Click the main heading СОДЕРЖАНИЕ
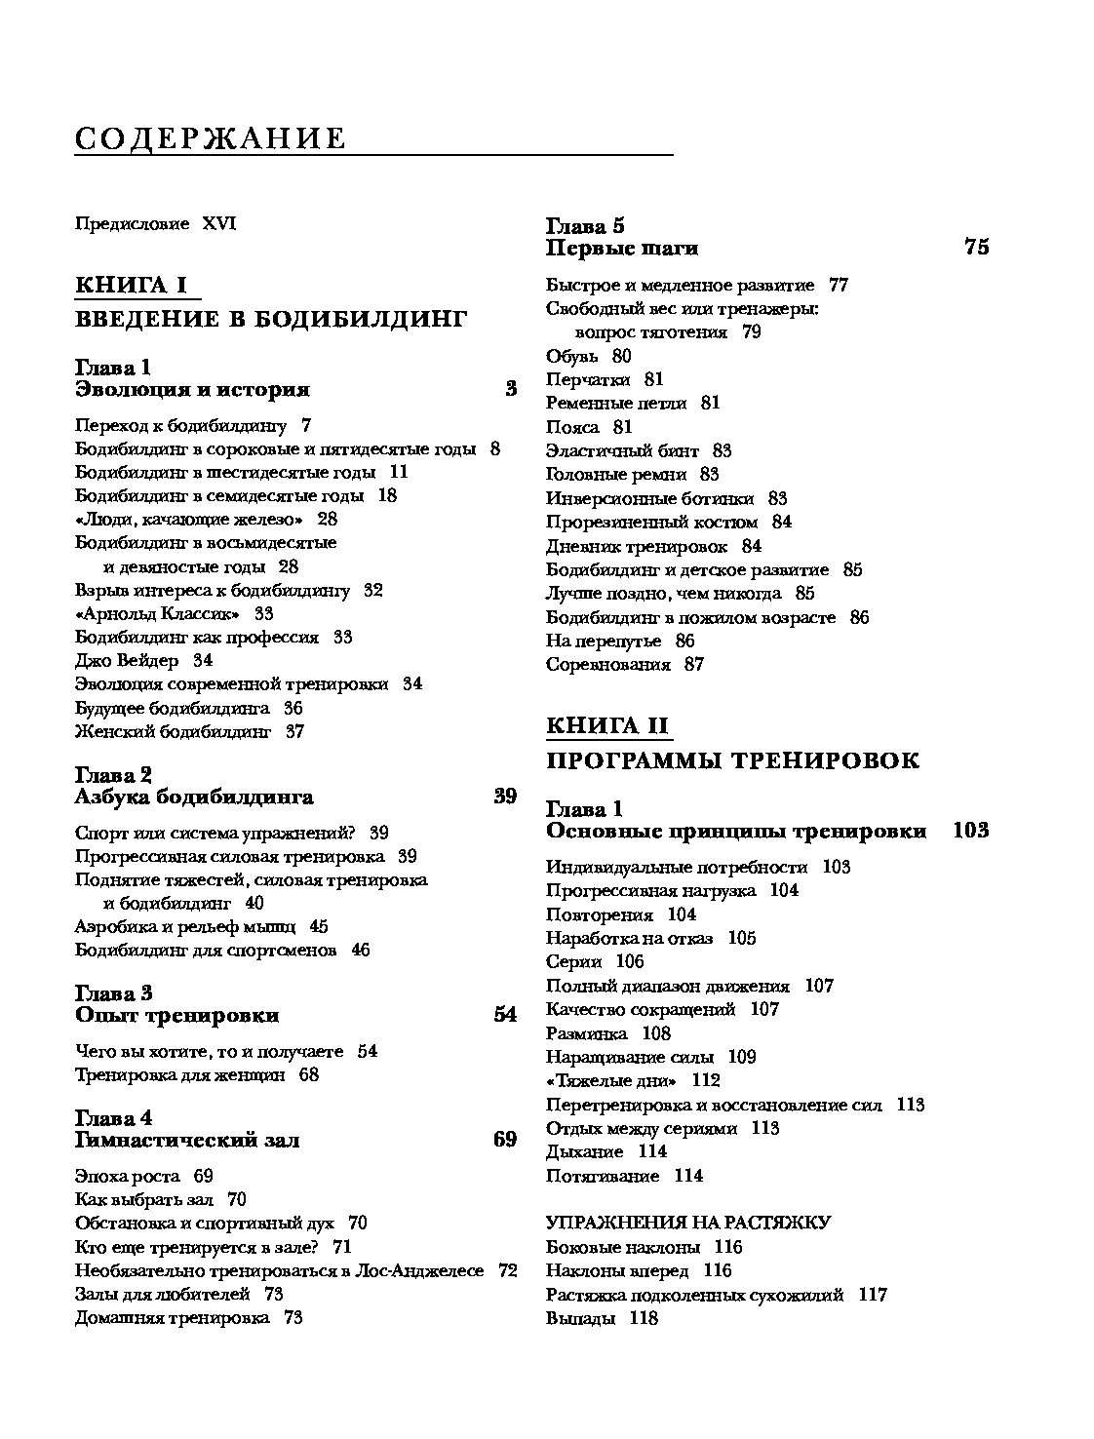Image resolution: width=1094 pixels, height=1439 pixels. tap(211, 138)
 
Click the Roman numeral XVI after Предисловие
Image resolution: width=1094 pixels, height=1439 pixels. tap(219, 224)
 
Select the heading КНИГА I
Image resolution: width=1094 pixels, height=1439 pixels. tap(131, 285)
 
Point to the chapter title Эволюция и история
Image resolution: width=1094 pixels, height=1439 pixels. tap(192, 390)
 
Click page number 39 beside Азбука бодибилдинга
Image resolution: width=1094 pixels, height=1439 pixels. tap(504, 797)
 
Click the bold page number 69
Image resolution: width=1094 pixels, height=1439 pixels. tap(504, 1139)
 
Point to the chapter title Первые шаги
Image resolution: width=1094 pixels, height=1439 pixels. tap(621, 248)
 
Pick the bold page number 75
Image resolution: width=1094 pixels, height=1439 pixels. tap(976, 247)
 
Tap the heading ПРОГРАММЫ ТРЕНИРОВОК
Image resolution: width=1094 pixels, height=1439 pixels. tap(732, 760)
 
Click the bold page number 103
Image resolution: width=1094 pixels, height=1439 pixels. tap(970, 831)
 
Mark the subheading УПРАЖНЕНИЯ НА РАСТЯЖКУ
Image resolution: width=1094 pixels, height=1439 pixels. tap(687, 1223)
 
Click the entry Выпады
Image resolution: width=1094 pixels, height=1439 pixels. tap(580, 1318)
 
